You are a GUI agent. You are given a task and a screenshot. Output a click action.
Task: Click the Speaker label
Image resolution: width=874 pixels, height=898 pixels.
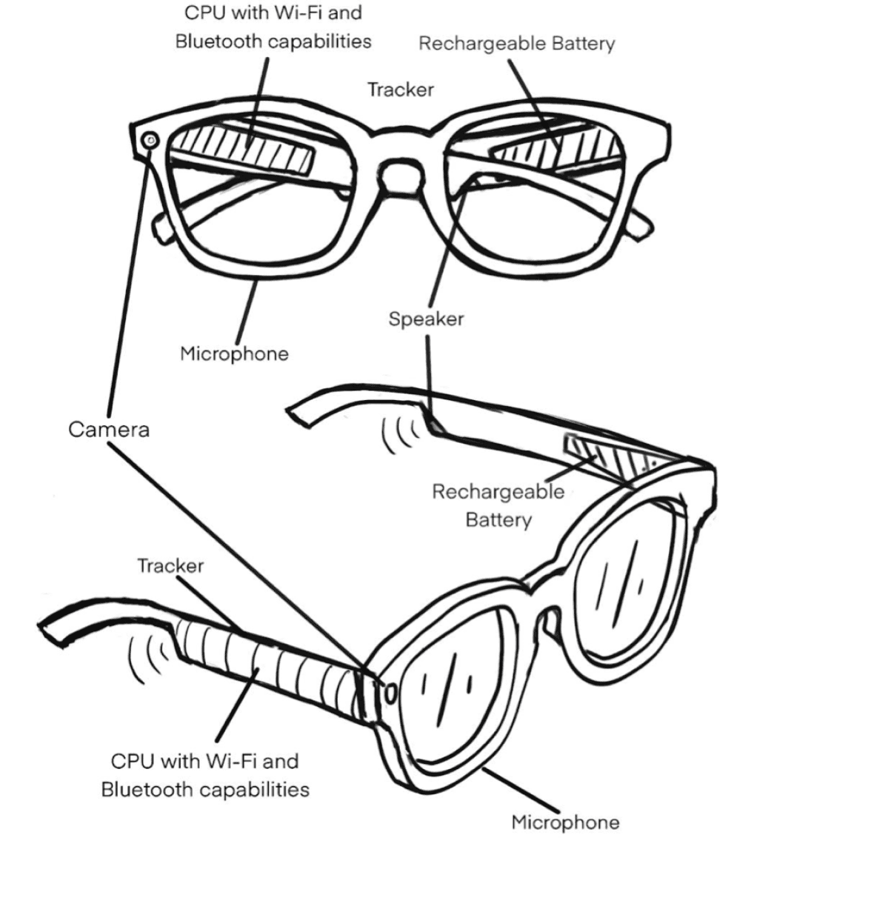[x=426, y=319]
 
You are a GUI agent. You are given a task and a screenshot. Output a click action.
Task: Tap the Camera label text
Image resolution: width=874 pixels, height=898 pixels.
[x=109, y=429]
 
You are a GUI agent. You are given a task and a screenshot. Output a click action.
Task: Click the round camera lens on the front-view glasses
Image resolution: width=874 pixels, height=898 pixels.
[x=152, y=139]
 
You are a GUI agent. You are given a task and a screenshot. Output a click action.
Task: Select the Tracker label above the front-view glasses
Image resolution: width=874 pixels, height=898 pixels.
[x=401, y=90]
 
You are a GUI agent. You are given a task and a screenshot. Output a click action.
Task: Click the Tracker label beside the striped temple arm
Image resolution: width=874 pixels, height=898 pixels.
[x=170, y=566]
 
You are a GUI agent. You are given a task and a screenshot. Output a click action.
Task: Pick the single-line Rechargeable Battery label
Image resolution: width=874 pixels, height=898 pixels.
[x=516, y=44]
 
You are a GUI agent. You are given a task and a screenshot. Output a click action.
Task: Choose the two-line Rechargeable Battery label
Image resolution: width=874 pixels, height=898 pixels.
[x=498, y=505]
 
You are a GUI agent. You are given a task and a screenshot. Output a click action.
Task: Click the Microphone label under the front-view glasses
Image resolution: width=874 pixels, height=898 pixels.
[x=234, y=353]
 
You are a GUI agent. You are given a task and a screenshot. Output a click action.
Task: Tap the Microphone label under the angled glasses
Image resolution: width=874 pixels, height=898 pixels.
[x=565, y=822]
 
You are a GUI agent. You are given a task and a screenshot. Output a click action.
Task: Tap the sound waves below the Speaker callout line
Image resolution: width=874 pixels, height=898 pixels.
[x=400, y=435]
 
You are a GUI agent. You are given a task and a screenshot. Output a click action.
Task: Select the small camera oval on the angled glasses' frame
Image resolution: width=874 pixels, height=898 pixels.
[x=390, y=692]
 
